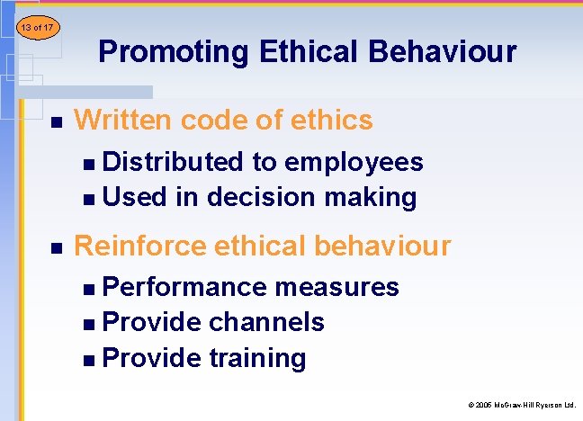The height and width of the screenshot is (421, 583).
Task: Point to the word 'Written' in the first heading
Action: [x=125, y=119]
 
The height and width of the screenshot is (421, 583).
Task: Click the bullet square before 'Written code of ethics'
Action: [x=56, y=121]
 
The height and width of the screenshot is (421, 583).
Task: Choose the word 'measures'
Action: [x=337, y=287]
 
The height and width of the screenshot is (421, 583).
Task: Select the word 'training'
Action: [x=257, y=358]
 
